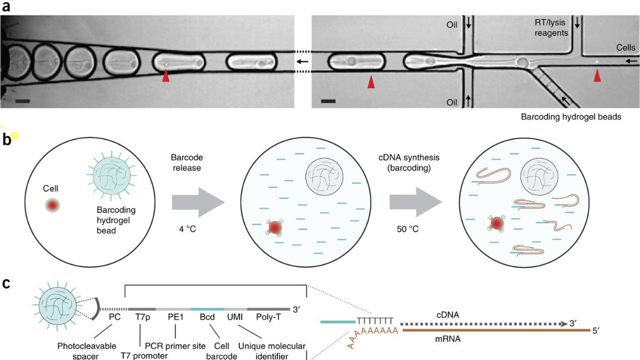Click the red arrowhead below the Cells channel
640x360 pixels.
[597, 77]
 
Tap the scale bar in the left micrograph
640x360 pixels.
[22, 100]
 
